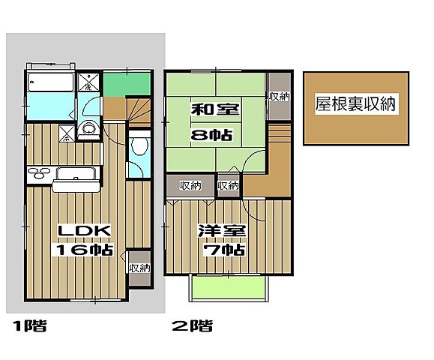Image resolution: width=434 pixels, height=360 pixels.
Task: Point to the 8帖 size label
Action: tap(216, 137)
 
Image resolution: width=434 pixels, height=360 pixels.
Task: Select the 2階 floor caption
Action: tap(193, 325)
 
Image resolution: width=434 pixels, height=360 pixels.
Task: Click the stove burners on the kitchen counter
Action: tap(37, 174)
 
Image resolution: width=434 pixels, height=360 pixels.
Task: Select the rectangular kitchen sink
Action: tap(75, 174)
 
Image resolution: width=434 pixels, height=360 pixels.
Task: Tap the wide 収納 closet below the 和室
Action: tap(190, 185)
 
